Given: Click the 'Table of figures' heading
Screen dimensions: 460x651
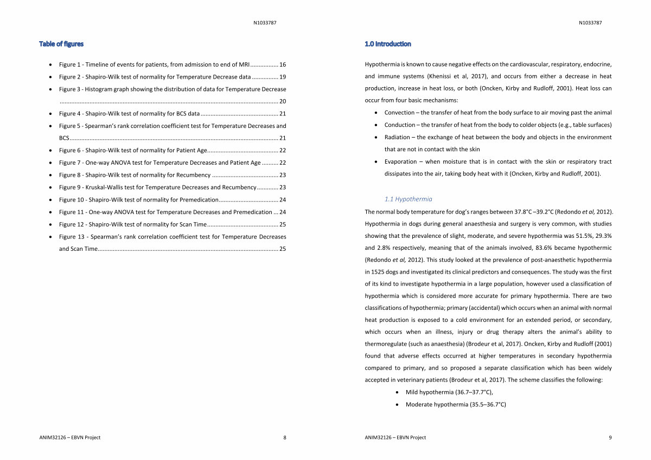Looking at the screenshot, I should (61, 44).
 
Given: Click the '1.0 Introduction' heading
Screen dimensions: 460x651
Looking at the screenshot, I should (388, 44).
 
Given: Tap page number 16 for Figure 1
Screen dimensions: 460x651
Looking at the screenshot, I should (283, 64).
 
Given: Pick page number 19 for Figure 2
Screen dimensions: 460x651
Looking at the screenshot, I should (283, 77).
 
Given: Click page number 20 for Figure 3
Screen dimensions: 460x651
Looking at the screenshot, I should (283, 101).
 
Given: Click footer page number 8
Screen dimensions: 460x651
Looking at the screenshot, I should (285, 437).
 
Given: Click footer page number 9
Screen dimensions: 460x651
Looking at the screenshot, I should (610, 437).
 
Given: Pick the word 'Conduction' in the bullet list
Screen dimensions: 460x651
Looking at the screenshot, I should (400, 125).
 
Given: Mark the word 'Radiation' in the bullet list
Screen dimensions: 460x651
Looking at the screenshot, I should (397, 137).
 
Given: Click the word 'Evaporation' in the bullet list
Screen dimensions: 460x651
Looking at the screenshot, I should (401, 161).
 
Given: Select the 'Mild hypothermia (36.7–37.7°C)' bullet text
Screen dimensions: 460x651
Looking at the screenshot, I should (449, 392).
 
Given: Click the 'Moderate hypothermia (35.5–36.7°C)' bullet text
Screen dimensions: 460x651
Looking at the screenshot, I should (456, 404).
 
